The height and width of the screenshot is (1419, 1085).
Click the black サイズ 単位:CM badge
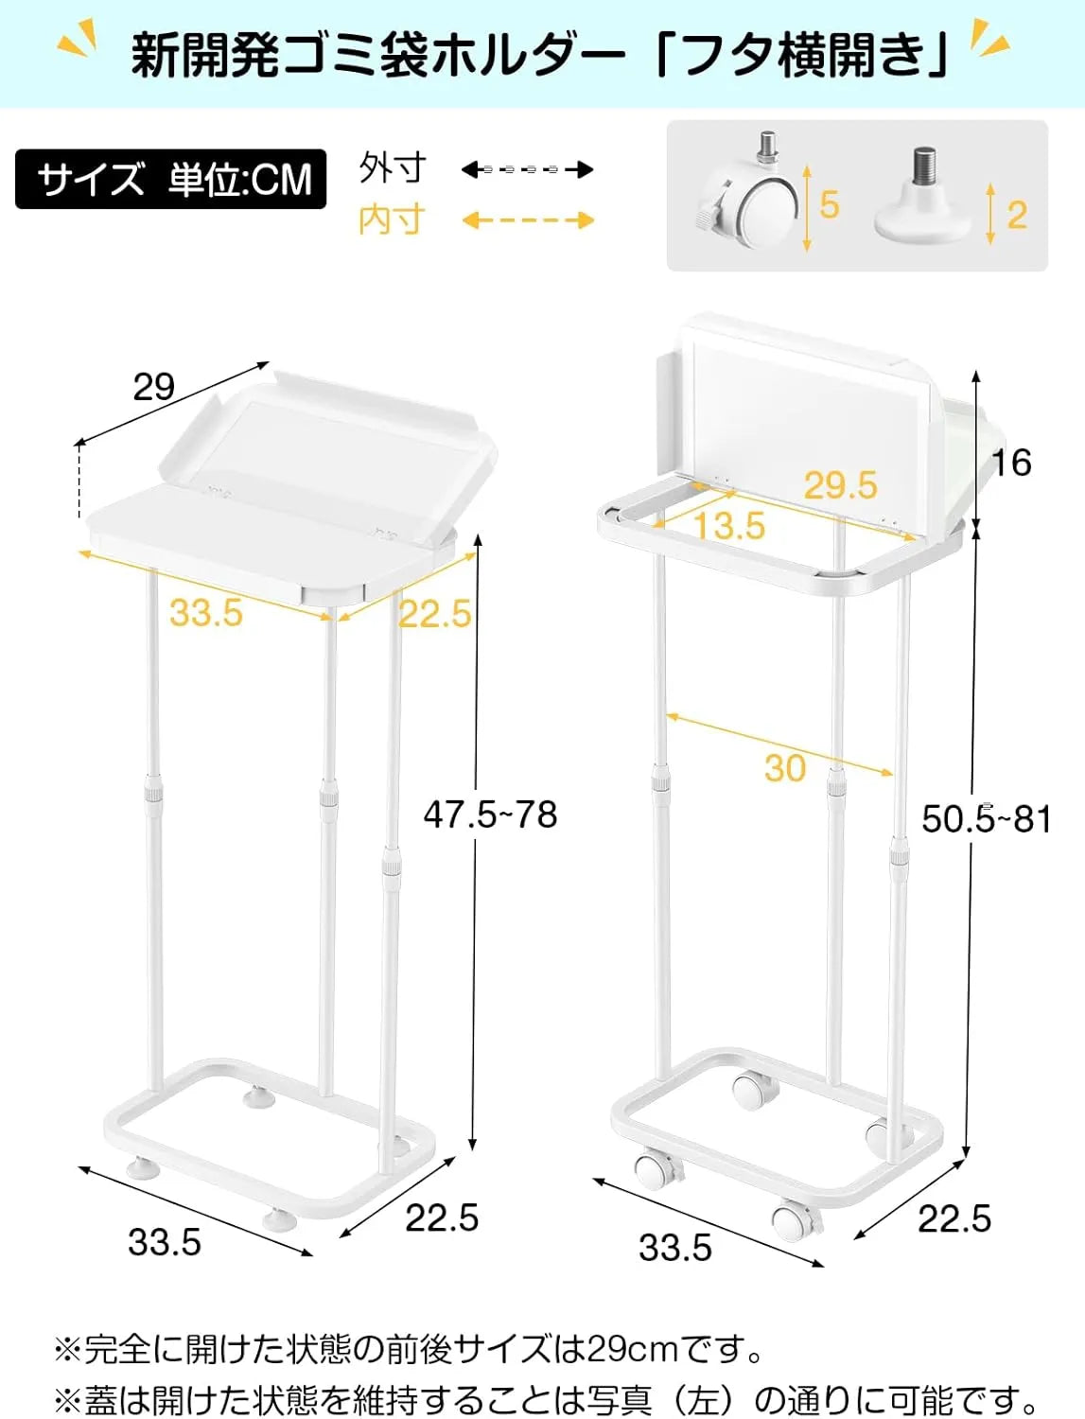point(170,179)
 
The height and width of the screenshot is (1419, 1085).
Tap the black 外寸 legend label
point(392,168)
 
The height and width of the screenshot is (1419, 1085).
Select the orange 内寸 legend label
point(392,220)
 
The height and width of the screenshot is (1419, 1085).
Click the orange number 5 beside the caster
point(830,204)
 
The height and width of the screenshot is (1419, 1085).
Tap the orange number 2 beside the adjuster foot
point(1017,215)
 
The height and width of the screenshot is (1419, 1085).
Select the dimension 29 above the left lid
point(153,386)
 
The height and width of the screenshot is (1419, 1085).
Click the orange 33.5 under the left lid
point(206,613)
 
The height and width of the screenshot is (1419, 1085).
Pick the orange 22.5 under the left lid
point(434,614)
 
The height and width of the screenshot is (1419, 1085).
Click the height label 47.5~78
point(490,815)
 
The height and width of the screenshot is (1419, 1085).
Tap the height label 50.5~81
point(987,818)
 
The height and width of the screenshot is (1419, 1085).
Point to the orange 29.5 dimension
point(840,485)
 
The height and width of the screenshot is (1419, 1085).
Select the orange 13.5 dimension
point(728,526)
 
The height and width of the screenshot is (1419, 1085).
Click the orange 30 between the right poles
point(785,767)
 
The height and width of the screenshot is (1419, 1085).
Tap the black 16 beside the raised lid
point(1010,463)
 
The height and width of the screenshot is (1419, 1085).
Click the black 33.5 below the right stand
point(674,1248)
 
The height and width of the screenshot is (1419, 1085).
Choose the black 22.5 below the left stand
point(442,1218)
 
